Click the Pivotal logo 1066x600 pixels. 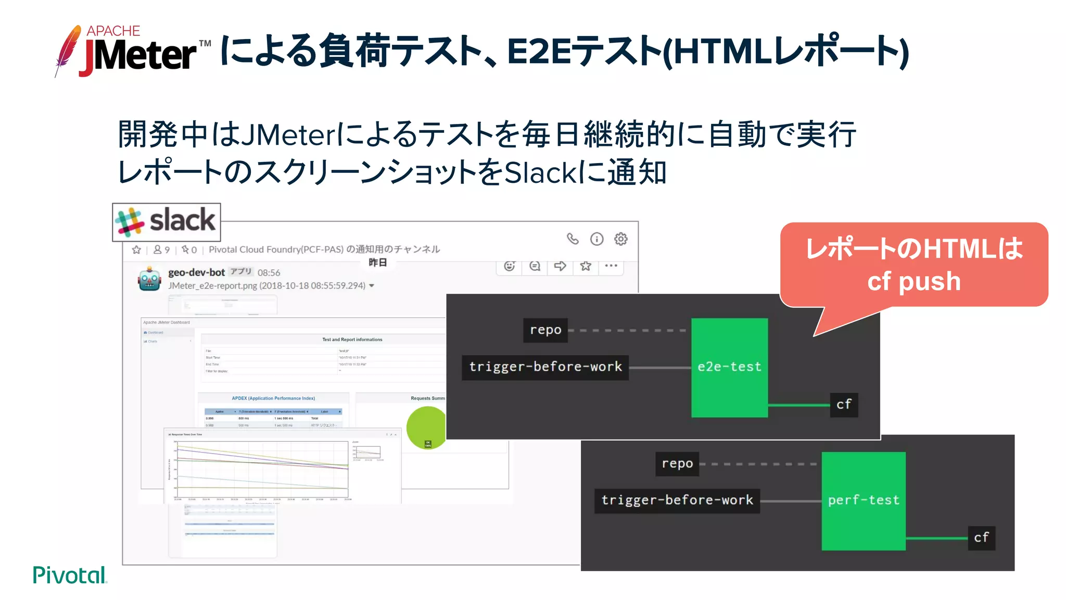pyautogui.click(x=70, y=575)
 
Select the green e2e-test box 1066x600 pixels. pyautogui.click(x=729, y=367)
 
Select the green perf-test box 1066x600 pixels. pyautogui.click(x=863, y=501)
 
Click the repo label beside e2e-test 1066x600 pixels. pyautogui.click(x=545, y=330)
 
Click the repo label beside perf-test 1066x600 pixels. pyautogui.click(x=677, y=464)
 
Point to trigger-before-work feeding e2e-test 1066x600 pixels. pyautogui.click(x=545, y=367)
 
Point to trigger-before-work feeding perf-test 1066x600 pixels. pyautogui.click(x=677, y=501)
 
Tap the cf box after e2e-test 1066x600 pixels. pyautogui.click(x=843, y=405)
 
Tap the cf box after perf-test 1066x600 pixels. pyautogui.click(x=981, y=537)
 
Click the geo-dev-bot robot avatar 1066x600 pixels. pyautogui.click(x=149, y=279)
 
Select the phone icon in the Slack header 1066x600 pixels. pyautogui.click(x=573, y=239)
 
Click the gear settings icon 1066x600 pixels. pyautogui.click(x=620, y=239)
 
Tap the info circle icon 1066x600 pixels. pyautogui.click(x=597, y=239)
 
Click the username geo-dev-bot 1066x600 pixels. pyautogui.click(x=196, y=272)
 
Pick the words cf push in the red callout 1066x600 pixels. pyautogui.click(x=913, y=282)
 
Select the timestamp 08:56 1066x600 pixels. pyautogui.click(x=269, y=273)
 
